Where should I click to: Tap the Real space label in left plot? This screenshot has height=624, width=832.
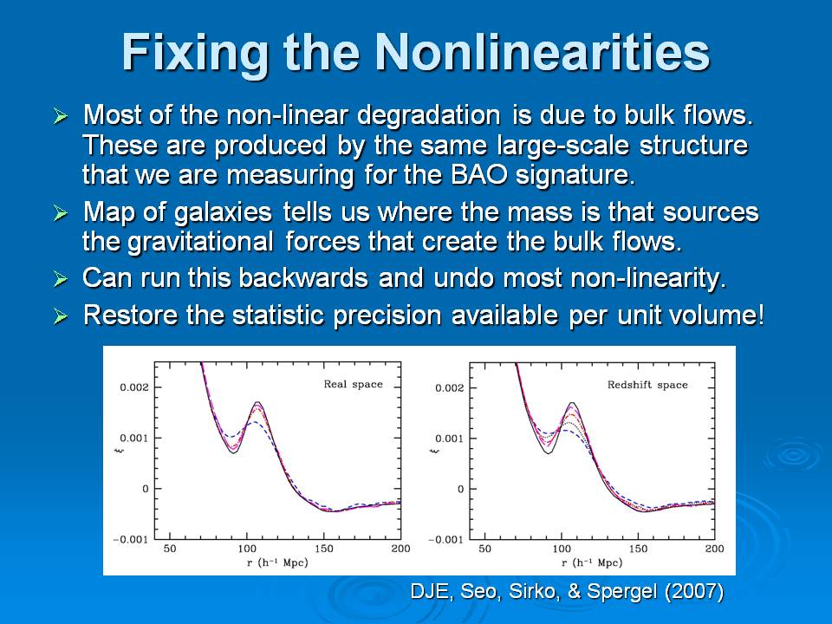353,385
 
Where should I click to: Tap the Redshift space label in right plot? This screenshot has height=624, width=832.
659,385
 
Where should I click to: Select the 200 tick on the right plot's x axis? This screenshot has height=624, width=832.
714,549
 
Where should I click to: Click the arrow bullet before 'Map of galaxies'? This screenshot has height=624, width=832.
61,213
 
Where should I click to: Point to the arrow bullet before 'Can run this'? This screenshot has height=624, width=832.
61,279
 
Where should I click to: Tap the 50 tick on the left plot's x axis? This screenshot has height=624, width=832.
169,549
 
